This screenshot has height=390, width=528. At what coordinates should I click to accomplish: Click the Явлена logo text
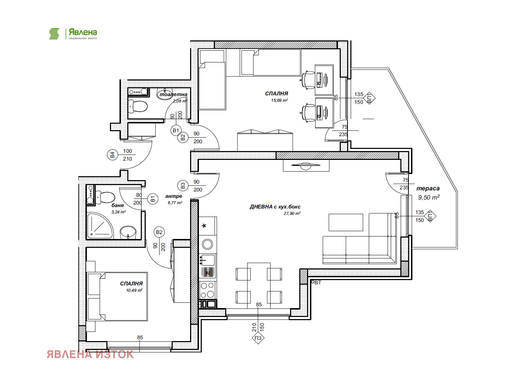pos(83,32)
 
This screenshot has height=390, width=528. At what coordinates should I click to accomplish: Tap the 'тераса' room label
pos(428,188)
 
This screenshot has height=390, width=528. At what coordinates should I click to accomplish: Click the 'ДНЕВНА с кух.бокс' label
pos(275,207)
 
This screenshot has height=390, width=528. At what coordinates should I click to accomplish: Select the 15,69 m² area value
pos(279,100)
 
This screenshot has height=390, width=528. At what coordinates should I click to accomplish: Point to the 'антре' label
pos(173,196)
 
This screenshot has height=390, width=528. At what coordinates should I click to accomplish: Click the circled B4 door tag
pos(112,155)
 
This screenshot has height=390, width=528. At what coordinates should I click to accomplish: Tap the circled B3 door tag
pos(183,185)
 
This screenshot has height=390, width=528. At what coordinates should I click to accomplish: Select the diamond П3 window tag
pos(258,338)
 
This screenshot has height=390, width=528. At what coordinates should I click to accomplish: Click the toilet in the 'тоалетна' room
pos(138,106)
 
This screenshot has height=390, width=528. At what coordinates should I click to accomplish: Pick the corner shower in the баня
pos(100,225)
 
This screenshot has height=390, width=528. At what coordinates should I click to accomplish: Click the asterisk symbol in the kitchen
pos(204,226)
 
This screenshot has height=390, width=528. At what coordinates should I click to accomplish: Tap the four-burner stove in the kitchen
pos(207,290)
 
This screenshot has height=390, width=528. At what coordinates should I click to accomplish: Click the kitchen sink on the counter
pos(207,260)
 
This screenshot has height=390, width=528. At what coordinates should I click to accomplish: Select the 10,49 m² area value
pos(134,290)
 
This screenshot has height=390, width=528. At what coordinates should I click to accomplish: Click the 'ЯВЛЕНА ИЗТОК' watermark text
pos(90,355)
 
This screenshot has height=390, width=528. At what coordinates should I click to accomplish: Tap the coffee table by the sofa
pos(346,222)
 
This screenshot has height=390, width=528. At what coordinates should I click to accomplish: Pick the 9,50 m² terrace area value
pos(429,197)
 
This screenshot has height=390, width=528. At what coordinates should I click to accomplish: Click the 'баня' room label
pos(118,205)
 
